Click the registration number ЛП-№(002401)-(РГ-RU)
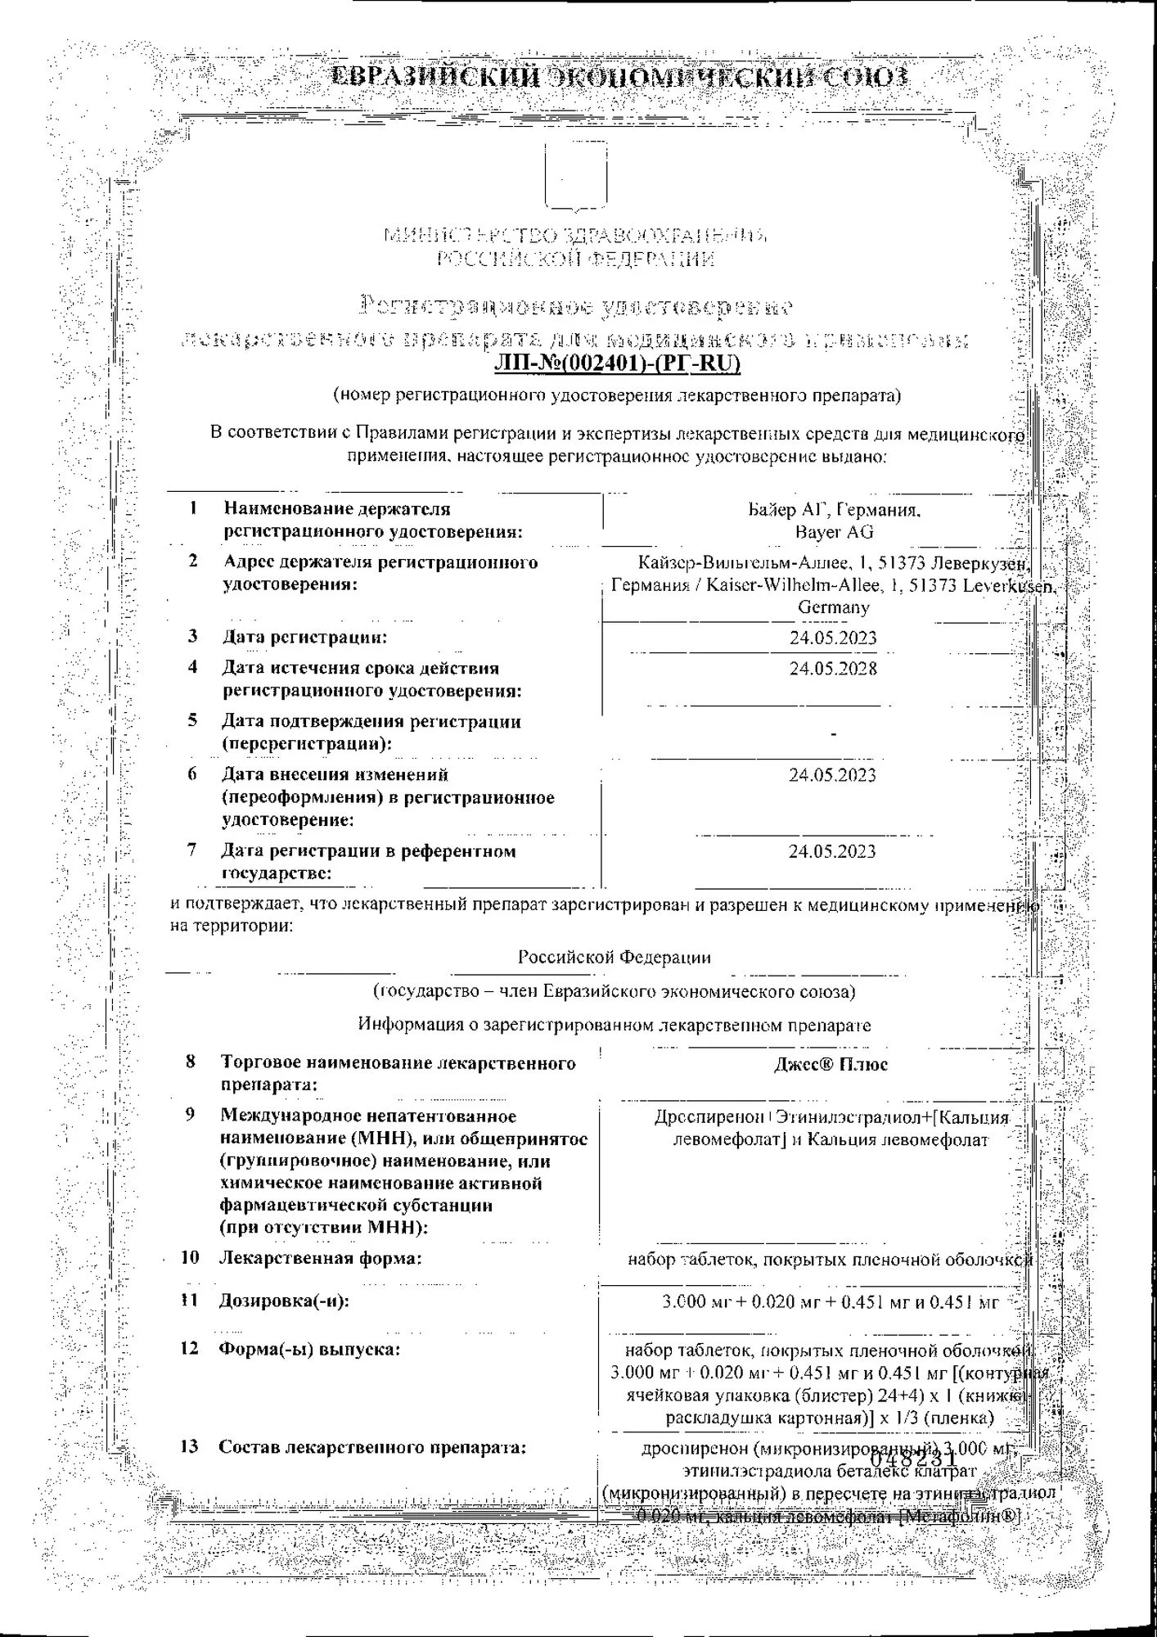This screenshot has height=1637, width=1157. pyautogui.click(x=617, y=363)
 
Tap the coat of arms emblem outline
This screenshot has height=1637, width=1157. pyautogui.click(x=576, y=176)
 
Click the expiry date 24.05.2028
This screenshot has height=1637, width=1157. pyautogui.click(x=833, y=669)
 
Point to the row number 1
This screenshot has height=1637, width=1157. pyautogui.click(x=193, y=508)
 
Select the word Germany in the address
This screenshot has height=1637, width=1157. pyautogui.click(x=833, y=607)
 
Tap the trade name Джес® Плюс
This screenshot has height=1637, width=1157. pyautogui.click(x=831, y=1064)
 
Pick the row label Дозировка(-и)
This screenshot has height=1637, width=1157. pyautogui.click(x=284, y=1301)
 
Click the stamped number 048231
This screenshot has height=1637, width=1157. pyautogui.click(x=913, y=1459)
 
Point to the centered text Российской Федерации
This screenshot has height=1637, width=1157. pyautogui.click(x=614, y=957)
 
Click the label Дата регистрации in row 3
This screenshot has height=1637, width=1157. pyautogui.click(x=304, y=637)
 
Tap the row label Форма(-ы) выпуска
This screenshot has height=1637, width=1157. pyautogui.click(x=309, y=1349)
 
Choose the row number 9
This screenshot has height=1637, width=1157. pyautogui.click(x=190, y=1115)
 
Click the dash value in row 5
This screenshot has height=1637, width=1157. pyautogui.click(x=833, y=734)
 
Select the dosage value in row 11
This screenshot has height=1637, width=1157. pyautogui.click(x=830, y=1301)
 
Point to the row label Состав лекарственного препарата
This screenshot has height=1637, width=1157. pyautogui.click(x=372, y=1447)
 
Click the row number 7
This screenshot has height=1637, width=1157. pyautogui.click(x=191, y=850)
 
